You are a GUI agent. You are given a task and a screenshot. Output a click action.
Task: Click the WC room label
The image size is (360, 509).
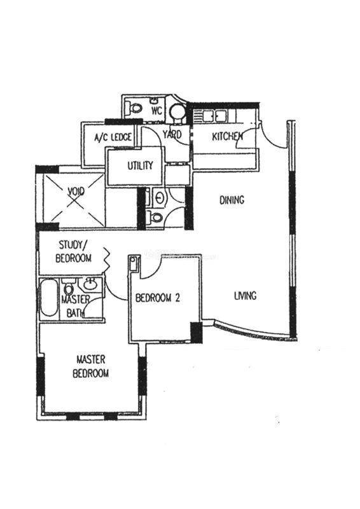[156, 111]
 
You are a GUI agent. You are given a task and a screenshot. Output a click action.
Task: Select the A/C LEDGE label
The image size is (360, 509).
[113, 137]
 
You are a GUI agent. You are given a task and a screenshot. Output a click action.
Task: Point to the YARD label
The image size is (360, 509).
[172, 134]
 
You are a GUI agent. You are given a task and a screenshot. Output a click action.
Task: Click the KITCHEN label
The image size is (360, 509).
[227, 136]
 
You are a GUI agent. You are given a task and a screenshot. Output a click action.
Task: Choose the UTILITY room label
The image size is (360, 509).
[140, 165]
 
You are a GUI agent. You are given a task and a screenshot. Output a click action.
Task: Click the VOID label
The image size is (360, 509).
[76, 192]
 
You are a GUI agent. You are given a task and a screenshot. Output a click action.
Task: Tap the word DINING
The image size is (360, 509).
[232, 200]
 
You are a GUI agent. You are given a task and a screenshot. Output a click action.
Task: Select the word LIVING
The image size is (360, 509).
[245, 296]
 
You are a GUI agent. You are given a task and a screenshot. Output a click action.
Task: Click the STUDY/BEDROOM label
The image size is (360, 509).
[73, 251]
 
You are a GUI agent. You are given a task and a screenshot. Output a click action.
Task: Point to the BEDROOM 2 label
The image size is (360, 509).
[158, 298]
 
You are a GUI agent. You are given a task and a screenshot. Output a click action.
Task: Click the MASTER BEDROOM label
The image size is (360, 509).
[90, 366]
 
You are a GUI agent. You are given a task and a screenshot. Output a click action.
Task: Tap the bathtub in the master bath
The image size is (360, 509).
[49, 298]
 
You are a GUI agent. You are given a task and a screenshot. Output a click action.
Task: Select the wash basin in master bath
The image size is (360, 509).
[90, 284]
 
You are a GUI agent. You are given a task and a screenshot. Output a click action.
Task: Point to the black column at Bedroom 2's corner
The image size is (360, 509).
[196, 332]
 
